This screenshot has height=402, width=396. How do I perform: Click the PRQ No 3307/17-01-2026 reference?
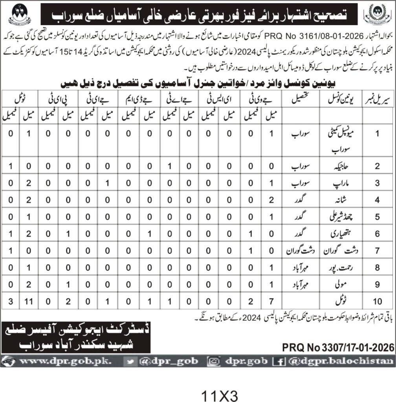click(338, 347)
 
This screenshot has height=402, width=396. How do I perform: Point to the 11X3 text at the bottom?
click(220, 394)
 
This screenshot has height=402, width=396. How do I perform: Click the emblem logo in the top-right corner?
click(377, 14)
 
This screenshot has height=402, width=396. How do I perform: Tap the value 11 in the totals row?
click(29, 301)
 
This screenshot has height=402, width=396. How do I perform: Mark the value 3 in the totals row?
click(10, 301)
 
